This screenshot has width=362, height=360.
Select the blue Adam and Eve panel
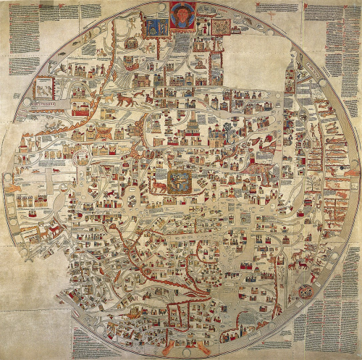[x=154, y=28]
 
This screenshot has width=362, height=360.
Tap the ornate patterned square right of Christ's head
[x=221, y=27]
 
